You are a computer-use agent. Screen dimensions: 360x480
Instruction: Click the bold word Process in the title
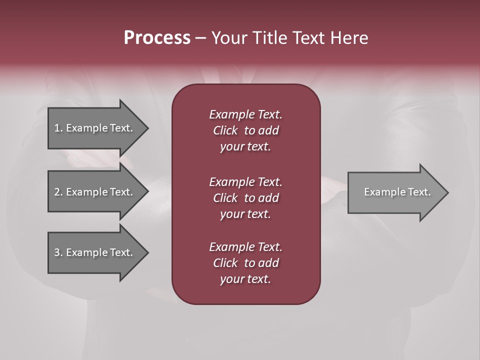[157, 38]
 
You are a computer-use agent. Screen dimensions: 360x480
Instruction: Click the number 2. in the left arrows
[58, 192]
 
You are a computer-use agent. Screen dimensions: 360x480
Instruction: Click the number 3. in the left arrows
[58, 252]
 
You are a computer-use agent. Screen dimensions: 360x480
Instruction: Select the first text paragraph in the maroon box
[245, 130]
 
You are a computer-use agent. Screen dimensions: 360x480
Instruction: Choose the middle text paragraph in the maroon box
[245, 198]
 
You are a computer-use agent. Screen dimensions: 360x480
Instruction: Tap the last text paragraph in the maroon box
[245, 263]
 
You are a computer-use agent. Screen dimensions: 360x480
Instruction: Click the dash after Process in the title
[200, 38]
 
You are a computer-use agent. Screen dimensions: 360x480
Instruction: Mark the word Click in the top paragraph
[225, 130]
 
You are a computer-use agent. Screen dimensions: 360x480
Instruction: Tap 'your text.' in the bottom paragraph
[245, 279]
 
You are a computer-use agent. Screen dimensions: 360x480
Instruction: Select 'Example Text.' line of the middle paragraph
[245, 182]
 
